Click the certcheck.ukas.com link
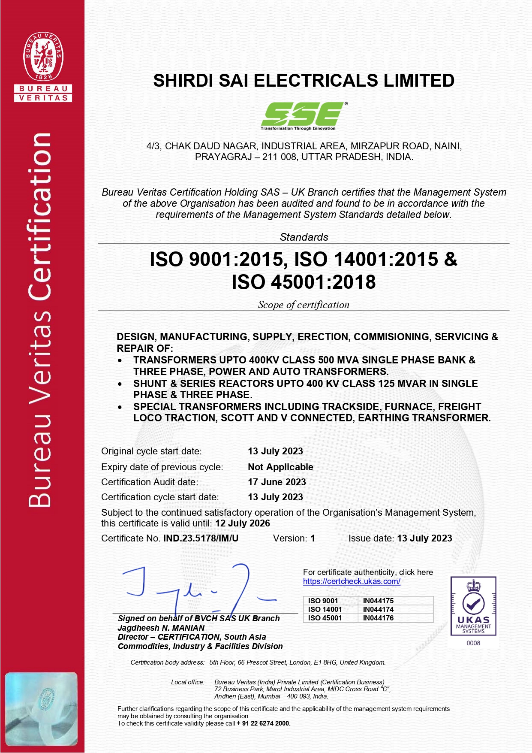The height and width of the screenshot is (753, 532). click(x=352, y=581)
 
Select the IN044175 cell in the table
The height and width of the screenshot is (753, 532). click(x=378, y=601)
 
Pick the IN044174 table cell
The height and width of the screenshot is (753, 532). click(x=378, y=609)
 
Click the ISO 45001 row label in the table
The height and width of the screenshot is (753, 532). click(x=325, y=618)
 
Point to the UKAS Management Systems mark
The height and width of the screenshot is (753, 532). click(x=473, y=605)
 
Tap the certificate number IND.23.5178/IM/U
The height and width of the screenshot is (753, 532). click(x=201, y=538)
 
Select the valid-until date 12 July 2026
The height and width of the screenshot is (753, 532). click(x=243, y=523)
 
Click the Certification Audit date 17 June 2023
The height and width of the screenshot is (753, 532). click(x=277, y=482)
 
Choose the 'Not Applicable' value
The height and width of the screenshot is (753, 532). click(x=280, y=467)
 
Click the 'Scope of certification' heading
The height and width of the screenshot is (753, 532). click(x=304, y=305)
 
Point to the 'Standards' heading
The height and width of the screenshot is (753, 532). click(x=304, y=237)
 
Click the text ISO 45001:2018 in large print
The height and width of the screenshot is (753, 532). click(x=304, y=282)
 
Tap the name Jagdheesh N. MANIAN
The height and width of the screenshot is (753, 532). click(x=161, y=628)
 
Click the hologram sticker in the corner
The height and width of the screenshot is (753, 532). click(x=42, y=708)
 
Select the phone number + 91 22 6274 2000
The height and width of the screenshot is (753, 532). click(x=263, y=723)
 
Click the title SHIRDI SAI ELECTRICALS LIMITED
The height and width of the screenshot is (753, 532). click(x=304, y=81)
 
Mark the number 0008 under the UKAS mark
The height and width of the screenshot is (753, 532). click(x=473, y=643)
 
